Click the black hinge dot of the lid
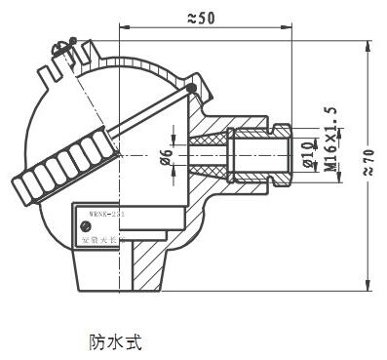(x=192, y=92)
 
